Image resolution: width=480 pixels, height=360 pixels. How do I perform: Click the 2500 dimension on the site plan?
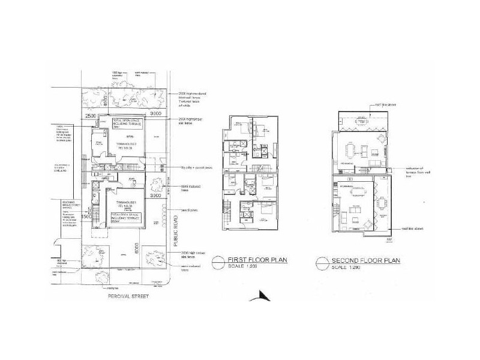[x=91, y=115]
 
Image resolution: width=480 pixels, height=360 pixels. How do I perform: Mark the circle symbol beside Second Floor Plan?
[x=322, y=262]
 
